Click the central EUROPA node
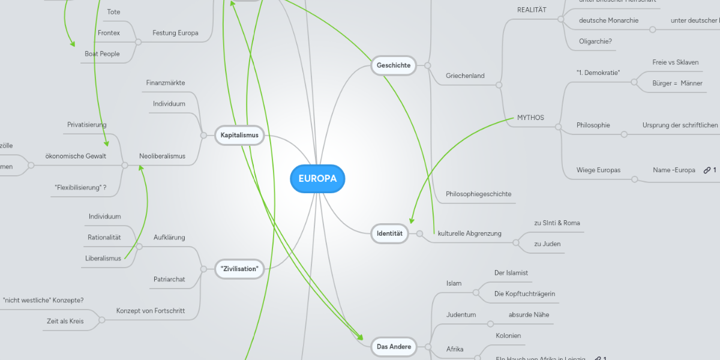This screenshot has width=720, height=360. pyautogui.click(x=317, y=179)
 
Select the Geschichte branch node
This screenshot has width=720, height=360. pyautogui.click(x=394, y=65)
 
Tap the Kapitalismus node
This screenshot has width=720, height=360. pyautogui.click(x=239, y=135)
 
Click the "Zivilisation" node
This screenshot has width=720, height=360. pyautogui.click(x=239, y=269)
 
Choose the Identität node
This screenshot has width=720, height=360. pyautogui.click(x=389, y=232)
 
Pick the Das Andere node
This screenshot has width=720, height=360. pyautogui.click(x=394, y=346)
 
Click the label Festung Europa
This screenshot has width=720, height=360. pyautogui.click(x=175, y=32)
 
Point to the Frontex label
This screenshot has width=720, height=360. pyautogui.click(x=109, y=32)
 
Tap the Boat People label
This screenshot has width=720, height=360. pyautogui.click(x=102, y=53)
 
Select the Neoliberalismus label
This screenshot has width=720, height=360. pyautogui.click(x=162, y=156)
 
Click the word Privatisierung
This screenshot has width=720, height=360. pyautogui.click(x=87, y=124)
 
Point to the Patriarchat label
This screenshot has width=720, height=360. pyautogui.click(x=169, y=279)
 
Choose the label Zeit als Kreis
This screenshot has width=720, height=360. pyautogui.click(x=65, y=321)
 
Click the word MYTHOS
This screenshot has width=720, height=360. pyautogui.click(x=530, y=118)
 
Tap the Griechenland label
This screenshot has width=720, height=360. pyautogui.click(x=465, y=76)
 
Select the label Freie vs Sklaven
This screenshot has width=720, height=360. pyautogui.click(x=676, y=62)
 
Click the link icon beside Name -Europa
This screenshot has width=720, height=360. pyautogui.click(x=707, y=170)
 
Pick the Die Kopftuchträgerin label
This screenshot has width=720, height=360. pyautogui.click(x=524, y=293)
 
